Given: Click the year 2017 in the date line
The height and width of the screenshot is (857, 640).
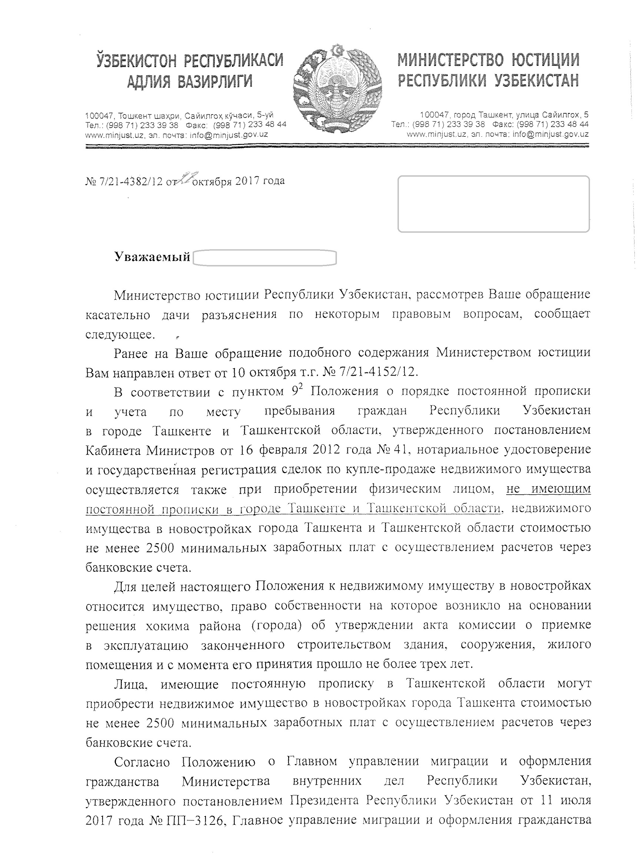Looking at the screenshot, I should (x=246, y=181).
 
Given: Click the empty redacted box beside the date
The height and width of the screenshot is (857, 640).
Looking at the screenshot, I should (x=493, y=204).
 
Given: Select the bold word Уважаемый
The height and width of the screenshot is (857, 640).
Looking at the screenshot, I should (x=152, y=257).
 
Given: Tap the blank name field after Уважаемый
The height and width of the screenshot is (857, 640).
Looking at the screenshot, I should (x=264, y=258).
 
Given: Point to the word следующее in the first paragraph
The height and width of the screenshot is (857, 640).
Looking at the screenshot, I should (x=120, y=334).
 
